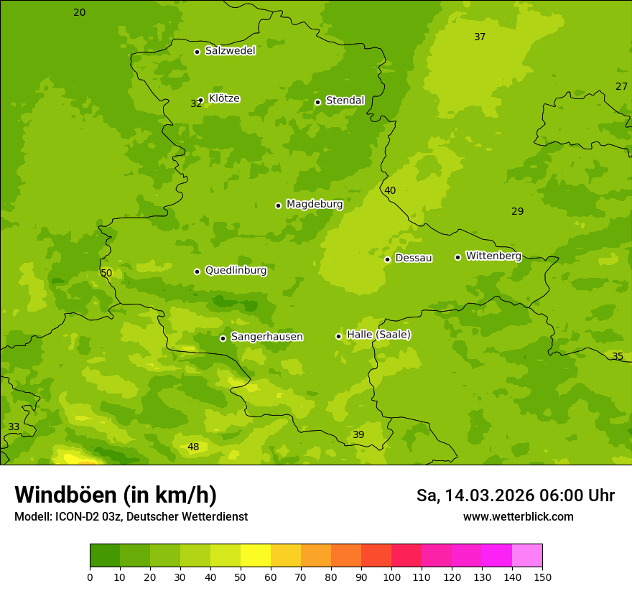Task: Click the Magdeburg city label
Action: coord(315,205)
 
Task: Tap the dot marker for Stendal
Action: coord(317,102)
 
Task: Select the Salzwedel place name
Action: coord(230,51)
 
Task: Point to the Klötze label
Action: coord(224,98)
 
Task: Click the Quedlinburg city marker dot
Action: coord(197,271)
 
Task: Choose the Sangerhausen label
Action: coord(266,337)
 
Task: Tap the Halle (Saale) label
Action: coord(378,335)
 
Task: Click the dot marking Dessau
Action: coord(387,259)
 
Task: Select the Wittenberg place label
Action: coord(493,256)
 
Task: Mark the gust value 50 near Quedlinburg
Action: coord(106,274)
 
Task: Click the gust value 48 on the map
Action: coord(193,447)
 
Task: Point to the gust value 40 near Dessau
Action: coord(390,191)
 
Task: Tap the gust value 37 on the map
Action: coord(480,37)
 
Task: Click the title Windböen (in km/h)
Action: coord(116,495)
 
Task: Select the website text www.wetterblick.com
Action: coord(518,517)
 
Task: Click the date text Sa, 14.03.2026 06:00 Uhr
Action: coord(516,495)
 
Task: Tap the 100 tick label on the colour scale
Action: coord(391,577)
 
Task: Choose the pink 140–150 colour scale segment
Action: coord(527,556)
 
